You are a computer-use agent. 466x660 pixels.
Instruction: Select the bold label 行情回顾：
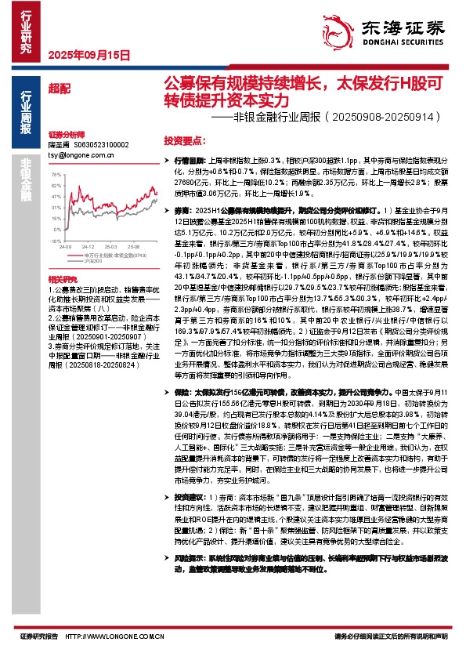click(x=190, y=159)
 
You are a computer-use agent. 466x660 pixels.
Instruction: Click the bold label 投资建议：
click(x=190, y=498)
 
